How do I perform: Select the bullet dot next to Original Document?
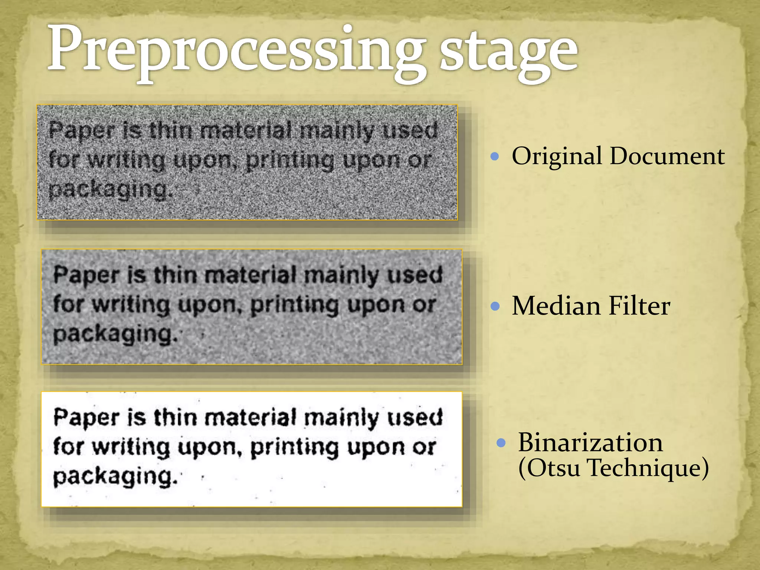(494, 156)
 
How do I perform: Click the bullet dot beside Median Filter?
(495, 306)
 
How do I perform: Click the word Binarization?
(590, 442)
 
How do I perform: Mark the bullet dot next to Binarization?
(501, 443)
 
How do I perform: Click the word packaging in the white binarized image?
(115, 477)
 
